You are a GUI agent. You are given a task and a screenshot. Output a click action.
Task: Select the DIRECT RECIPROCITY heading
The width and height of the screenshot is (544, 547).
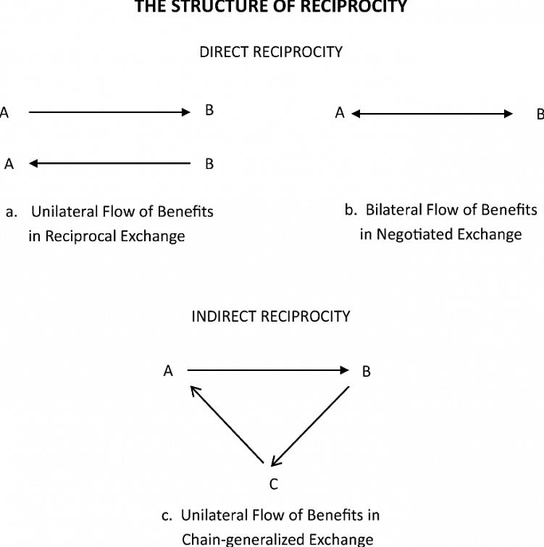271,52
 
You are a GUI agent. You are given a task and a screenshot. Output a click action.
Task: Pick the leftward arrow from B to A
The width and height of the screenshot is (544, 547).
109,164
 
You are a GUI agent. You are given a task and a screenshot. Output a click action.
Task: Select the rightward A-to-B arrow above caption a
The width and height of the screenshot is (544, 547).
109,112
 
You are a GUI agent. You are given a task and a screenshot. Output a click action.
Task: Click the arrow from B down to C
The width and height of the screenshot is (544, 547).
311,425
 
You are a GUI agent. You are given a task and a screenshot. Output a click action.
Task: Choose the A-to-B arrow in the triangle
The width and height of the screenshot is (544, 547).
269,370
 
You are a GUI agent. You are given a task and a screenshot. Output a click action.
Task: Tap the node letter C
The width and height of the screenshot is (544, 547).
274,483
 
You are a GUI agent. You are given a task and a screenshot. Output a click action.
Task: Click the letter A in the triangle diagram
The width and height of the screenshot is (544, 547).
168,371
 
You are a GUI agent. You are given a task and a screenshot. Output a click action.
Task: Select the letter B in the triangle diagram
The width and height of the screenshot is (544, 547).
366,372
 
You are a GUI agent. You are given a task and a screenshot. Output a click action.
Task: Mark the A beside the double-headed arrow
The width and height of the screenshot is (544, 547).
339,113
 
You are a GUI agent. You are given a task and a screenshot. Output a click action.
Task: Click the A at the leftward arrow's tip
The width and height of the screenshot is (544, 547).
9,164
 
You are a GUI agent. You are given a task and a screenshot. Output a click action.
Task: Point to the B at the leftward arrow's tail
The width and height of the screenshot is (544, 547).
209,164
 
